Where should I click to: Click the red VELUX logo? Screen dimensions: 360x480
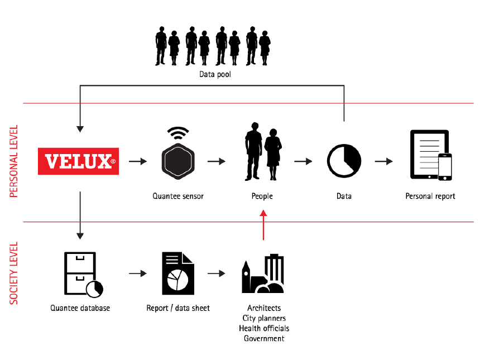point(78,161)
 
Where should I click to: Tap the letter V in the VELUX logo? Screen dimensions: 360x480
point(51,162)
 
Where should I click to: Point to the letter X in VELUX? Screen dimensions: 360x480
point(103,162)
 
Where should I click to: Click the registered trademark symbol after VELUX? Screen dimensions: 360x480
point(113,162)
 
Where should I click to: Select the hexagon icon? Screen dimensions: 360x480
point(178,161)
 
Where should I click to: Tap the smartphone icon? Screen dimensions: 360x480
point(445,167)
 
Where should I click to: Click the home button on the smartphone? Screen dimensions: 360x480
point(445,178)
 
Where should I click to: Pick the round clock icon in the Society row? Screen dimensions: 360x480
point(94,289)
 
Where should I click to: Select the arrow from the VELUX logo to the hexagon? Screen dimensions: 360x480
point(138,161)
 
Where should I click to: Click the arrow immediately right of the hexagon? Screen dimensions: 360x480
point(216,161)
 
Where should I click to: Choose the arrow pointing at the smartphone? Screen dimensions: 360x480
point(383,161)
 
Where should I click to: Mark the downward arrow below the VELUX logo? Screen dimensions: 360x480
point(80,215)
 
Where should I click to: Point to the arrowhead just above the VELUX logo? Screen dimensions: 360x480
point(80,129)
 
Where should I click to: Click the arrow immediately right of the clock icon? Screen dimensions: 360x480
point(138,273)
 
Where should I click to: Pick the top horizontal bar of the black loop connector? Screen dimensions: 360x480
point(212,86)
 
